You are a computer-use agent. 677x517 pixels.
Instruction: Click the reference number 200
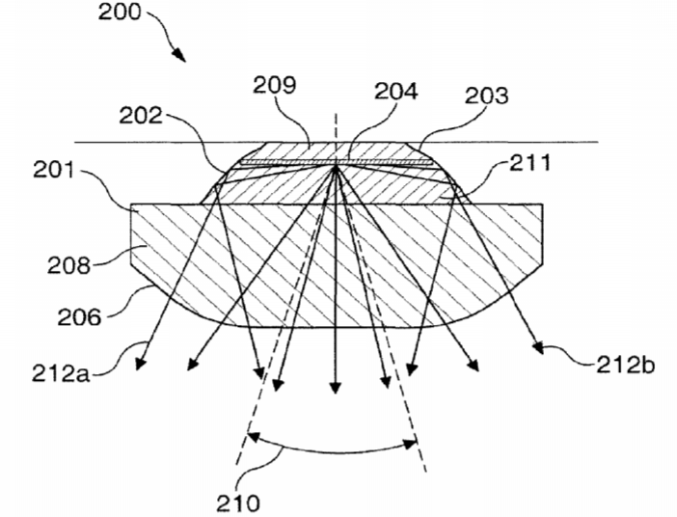pyautogui.click(x=120, y=13)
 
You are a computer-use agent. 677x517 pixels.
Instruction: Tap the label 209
pyautogui.click(x=274, y=85)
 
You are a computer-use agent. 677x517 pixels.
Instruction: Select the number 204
pyautogui.click(x=396, y=92)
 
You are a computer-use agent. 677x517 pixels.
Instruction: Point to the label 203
pyautogui.click(x=487, y=95)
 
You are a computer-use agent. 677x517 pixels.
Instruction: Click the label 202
pyautogui.click(x=141, y=116)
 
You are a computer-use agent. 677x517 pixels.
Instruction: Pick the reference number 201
pyautogui.click(x=54, y=171)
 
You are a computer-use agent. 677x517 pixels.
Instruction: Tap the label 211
pyautogui.click(x=530, y=163)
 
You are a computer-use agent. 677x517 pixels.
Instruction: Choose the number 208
pyautogui.click(x=69, y=264)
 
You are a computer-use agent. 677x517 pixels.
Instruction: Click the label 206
pyautogui.click(x=79, y=317)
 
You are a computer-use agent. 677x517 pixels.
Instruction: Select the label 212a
pyautogui.click(x=61, y=373)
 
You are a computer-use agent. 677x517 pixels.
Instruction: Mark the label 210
pyautogui.click(x=238, y=503)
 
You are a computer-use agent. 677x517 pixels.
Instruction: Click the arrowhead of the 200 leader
pyautogui.click(x=179, y=55)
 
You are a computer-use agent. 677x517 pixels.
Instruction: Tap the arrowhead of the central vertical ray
pyautogui.click(x=336, y=388)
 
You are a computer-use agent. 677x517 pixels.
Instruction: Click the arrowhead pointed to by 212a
pyautogui.click(x=140, y=364)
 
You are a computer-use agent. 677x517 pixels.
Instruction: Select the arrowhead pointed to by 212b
pyautogui.click(x=538, y=347)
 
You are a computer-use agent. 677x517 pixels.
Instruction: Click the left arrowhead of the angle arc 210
pyautogui.click(x=254, y=437)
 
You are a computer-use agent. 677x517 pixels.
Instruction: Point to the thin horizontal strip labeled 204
pyautogui.click(x=337, y=162)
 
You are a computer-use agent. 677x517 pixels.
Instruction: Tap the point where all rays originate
pyautogui.click(x=336, y=167)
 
